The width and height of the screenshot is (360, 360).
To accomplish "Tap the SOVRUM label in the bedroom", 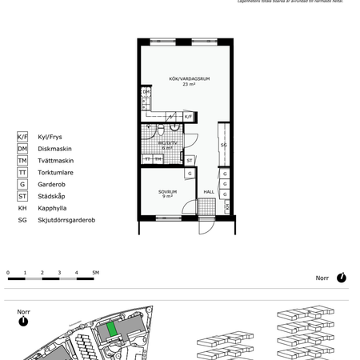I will click(x=167, y=192).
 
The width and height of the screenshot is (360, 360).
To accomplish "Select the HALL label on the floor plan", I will click(x=208, y=192).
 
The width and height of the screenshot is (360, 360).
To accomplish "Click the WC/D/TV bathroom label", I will click(x=167, y=142).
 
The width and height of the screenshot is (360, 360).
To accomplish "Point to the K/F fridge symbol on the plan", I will click(x=188, y=117).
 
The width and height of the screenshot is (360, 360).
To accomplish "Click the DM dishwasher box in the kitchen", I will click(x=146, y=92).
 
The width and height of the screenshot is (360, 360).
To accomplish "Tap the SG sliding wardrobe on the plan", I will click(x=224, y=146).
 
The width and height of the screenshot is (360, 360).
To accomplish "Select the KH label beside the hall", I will click(x=227, y=206).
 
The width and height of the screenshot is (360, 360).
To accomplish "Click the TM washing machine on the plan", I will click(x=158, y=159).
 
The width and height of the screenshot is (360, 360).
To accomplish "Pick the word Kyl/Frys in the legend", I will click(x=44, y=137).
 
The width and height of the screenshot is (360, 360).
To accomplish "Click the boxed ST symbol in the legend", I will click(x=22, y=196).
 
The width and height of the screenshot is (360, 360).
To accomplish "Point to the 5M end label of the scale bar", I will click(x=95, y=273).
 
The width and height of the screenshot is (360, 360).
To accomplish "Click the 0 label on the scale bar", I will click(x=8, y=273).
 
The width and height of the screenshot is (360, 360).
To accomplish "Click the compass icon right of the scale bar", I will click(x=342, y=278).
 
